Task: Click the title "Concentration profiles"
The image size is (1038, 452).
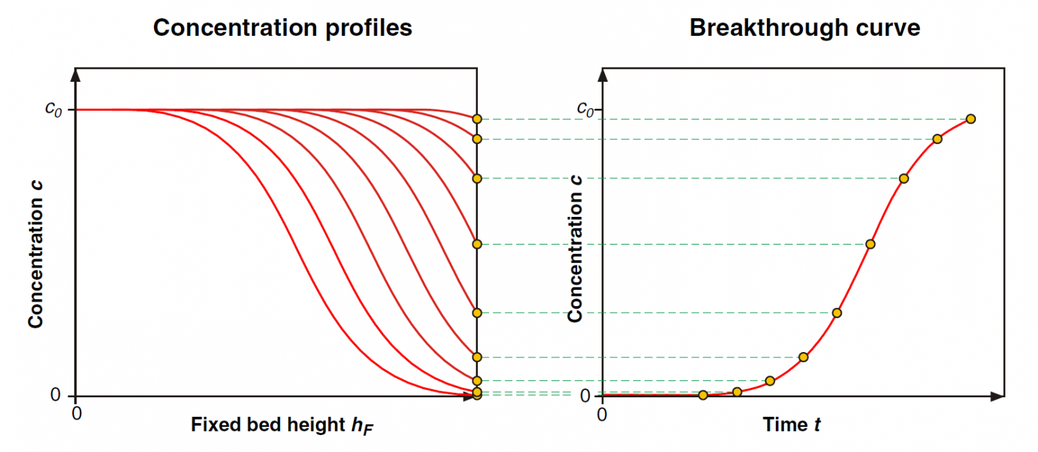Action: [x=282, y=28]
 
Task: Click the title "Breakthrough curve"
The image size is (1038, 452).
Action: [x=804, y=28]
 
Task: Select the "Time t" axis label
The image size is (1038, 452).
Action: [x=792, y=425]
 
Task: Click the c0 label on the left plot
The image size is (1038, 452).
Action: [x=53, y=109]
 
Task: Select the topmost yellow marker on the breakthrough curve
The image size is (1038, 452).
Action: [x=970, y=119]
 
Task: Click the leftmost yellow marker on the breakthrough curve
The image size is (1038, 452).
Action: [x=703, y=395]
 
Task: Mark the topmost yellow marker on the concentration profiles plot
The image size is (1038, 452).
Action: [x=477, y=119]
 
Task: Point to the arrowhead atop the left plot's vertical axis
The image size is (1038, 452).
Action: [x=76, y=74]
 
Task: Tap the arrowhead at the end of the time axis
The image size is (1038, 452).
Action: [x=996, y=396]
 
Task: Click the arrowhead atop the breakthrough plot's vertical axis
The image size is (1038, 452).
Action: [x=602, y=74]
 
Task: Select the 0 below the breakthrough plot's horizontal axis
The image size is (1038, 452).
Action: [x=602, y=413]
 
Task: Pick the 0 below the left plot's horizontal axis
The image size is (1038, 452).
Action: [x=76, y=413]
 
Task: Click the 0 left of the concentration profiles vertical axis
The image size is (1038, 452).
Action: [x=56, y=395]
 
